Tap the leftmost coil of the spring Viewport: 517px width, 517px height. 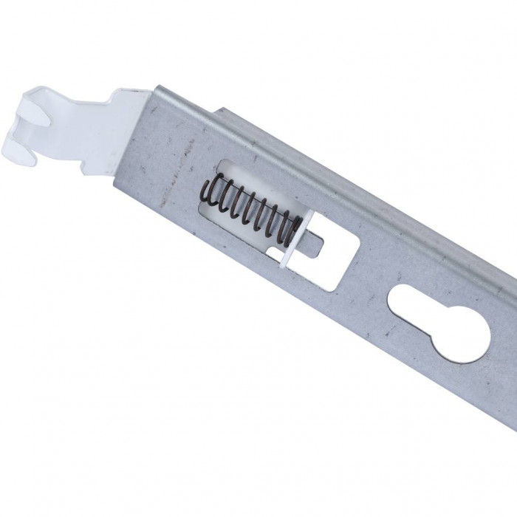208,194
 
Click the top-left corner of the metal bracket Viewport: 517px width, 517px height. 155,87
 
